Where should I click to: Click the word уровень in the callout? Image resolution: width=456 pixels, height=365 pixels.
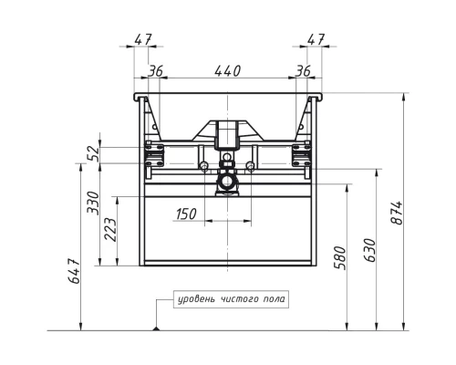(197, 298)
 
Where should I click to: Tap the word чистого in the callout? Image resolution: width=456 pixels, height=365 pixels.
(241, 298)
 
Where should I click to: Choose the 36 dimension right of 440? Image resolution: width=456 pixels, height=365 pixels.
(302, 70)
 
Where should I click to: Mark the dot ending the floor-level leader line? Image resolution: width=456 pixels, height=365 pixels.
(158, 328)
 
